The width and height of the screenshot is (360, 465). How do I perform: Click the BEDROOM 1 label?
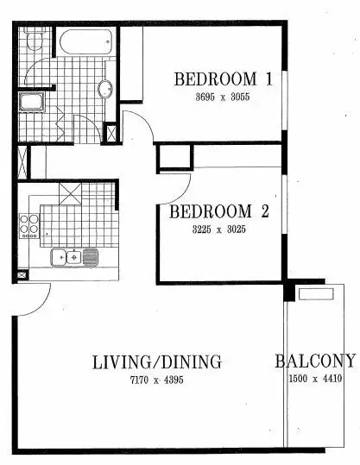coord(224,79)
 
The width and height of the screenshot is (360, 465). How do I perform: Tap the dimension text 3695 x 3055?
coord(224,97)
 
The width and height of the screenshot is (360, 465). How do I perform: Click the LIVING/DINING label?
coord(157,361)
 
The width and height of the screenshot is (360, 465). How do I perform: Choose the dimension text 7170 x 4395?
coord(157,379)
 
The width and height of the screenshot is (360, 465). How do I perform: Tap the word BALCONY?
coord(315,361)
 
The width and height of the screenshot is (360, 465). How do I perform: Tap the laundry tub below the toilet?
coord(31,104)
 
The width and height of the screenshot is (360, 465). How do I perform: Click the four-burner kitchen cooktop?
coord(30,224)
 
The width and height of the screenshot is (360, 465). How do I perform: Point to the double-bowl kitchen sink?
coord(75,255)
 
